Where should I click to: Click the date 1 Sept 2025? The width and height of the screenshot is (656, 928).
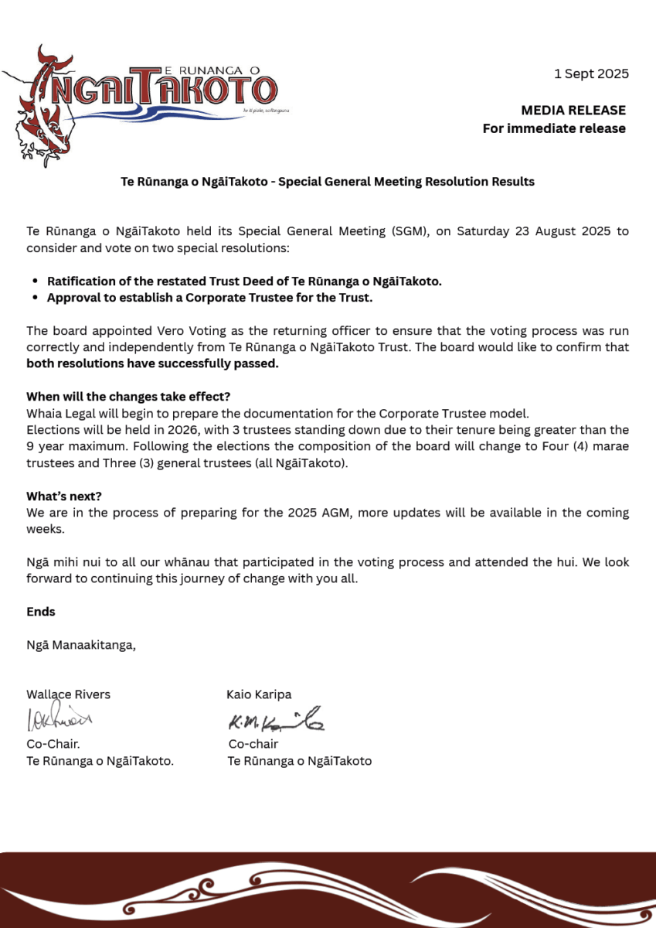pos(591,74)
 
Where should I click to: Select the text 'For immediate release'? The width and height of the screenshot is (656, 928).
pos(554,128)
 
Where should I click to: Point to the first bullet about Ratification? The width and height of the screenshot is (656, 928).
pos(244,281)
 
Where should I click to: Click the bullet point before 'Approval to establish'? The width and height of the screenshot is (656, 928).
pos(36,297)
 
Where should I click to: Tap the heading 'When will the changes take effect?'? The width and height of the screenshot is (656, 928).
pos(128,398)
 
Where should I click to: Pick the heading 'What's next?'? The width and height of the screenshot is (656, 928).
pos(64,496)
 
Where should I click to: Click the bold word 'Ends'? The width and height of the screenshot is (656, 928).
pos(41,612)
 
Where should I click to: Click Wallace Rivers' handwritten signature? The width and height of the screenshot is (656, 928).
pos(59,719)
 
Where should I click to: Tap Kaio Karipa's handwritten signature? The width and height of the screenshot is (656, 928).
pos(275,722)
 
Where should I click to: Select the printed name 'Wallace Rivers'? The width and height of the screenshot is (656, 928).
pos(68,694)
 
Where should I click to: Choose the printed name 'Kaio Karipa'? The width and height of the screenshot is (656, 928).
pos(259,694)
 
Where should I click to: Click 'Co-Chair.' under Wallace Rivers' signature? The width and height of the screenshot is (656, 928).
pos(53,744)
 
